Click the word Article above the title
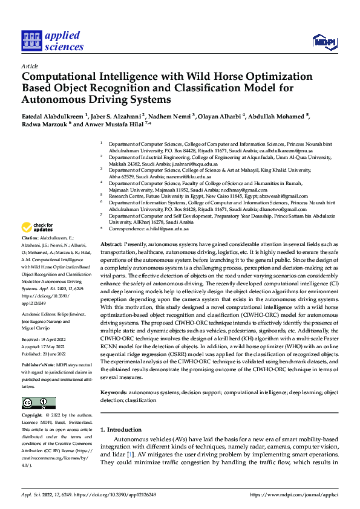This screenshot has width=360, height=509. pyautogui.click(x=30, y=66)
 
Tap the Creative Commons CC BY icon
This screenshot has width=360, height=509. pyautogui.click(x=39, y=403)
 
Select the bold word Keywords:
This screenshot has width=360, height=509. pyautogui.click(x=113, y=392)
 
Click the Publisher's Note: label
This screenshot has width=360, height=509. pyautogui.click(x=38, y=366)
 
